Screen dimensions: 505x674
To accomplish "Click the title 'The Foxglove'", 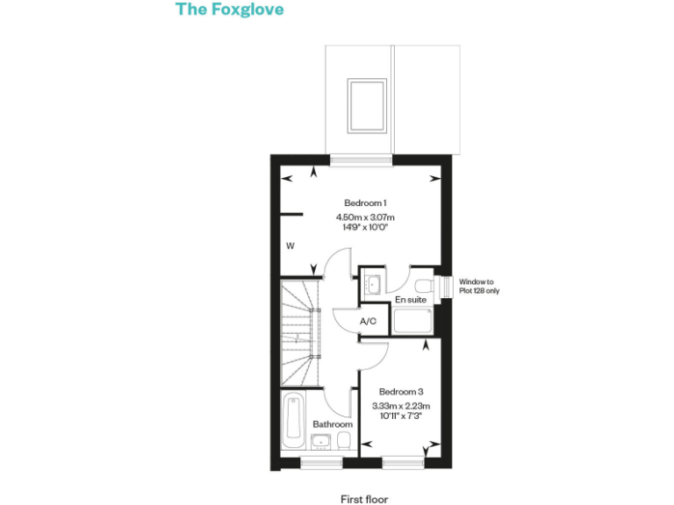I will point(229,10).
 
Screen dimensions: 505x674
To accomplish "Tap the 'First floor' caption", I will point(364,499).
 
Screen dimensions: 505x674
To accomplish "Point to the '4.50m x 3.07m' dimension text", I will point(365,217).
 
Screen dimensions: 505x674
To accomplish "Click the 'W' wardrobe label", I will point(290,246).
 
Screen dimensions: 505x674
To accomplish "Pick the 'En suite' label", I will point(410,300).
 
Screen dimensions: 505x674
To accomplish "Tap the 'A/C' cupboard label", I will point(369,322).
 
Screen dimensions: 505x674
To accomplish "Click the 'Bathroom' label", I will point(333,424).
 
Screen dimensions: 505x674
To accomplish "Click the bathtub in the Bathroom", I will point(294,421).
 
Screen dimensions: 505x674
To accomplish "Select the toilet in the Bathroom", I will point(346,440).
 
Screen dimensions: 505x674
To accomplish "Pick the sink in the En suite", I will point(372,284).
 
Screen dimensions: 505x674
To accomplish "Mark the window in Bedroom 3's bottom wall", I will point(403,460).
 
